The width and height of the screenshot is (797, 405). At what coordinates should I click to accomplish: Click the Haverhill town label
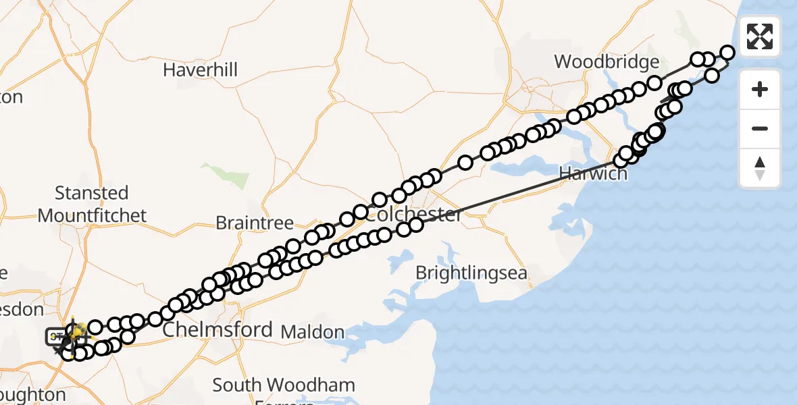pos(200,70)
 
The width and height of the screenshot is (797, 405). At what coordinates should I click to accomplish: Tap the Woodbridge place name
pos(607,62)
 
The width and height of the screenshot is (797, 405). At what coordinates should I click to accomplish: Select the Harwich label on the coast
pos(593,173)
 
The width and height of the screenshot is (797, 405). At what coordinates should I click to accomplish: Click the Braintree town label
pos(255,223)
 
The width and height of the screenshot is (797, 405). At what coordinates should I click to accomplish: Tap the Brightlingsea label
pos(471,273)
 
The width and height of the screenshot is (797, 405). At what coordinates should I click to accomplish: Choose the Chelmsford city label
pos(217,330)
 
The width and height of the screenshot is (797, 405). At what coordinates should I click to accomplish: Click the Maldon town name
pos(312,331)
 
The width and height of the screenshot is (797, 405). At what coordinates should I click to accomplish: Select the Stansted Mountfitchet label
pos(92,204)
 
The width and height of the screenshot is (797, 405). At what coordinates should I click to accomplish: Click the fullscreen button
pos(760,36)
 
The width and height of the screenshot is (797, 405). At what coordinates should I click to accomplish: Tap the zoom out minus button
pos(760,128)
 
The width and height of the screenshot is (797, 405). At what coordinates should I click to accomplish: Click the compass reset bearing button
pos(760,167)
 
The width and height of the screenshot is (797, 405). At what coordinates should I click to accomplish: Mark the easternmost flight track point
pos(727,53)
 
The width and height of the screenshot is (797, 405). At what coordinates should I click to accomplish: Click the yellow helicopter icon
pos(78,331)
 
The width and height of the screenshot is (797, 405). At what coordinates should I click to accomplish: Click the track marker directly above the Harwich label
pos(621,161)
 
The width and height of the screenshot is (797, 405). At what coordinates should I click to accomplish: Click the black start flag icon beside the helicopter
pos(55,336)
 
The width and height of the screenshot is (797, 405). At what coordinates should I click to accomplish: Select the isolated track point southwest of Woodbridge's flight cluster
pos(465,163)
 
